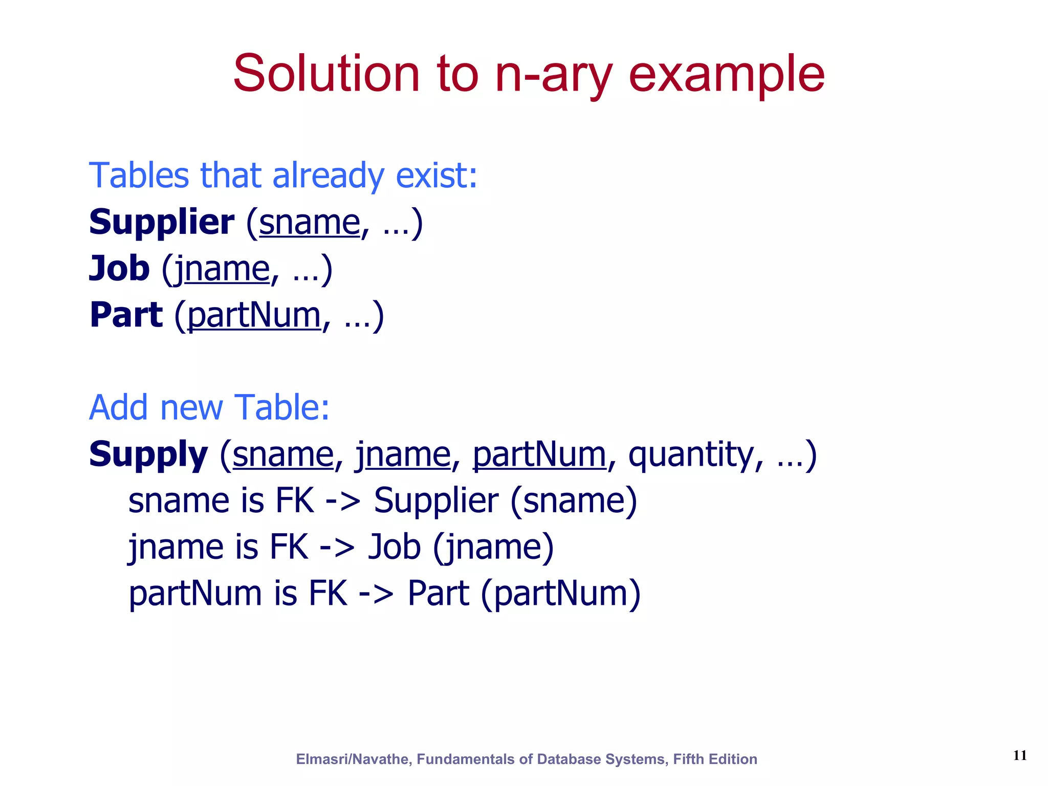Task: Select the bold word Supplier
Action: coord(161,223)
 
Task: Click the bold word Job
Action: coord(119,268)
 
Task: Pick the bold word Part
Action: coord(126,315)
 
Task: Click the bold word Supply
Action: coord(148,454)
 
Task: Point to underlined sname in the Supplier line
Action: coord(310,223)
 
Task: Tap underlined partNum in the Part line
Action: coord(254,315)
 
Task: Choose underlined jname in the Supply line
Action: coord(403,454)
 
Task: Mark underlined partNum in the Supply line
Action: coord(539,454)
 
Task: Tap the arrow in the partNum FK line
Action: coord(377,594)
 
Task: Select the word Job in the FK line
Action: coord(395,547)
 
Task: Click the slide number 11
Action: coord(1019,755)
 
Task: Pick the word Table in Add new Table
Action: coord(281,408)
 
